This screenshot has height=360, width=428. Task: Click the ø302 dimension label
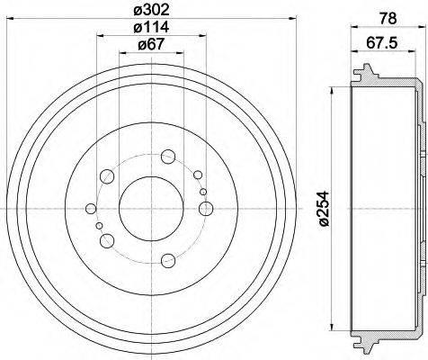pos(151,10)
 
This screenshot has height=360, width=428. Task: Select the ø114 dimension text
pos(151,27)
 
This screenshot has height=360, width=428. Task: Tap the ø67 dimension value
pos(151,44)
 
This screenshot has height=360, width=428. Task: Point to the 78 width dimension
pos(388,19)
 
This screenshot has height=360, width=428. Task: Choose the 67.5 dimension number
pos(381,43)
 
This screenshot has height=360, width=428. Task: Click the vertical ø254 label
pos(324,208)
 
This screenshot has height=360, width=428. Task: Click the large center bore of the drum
pos(151,209)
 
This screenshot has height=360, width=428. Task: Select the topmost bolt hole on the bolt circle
pos(168,157)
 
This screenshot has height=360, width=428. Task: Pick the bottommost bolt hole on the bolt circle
pos(168,260)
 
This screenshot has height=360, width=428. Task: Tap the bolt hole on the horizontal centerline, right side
pos(206,208)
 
